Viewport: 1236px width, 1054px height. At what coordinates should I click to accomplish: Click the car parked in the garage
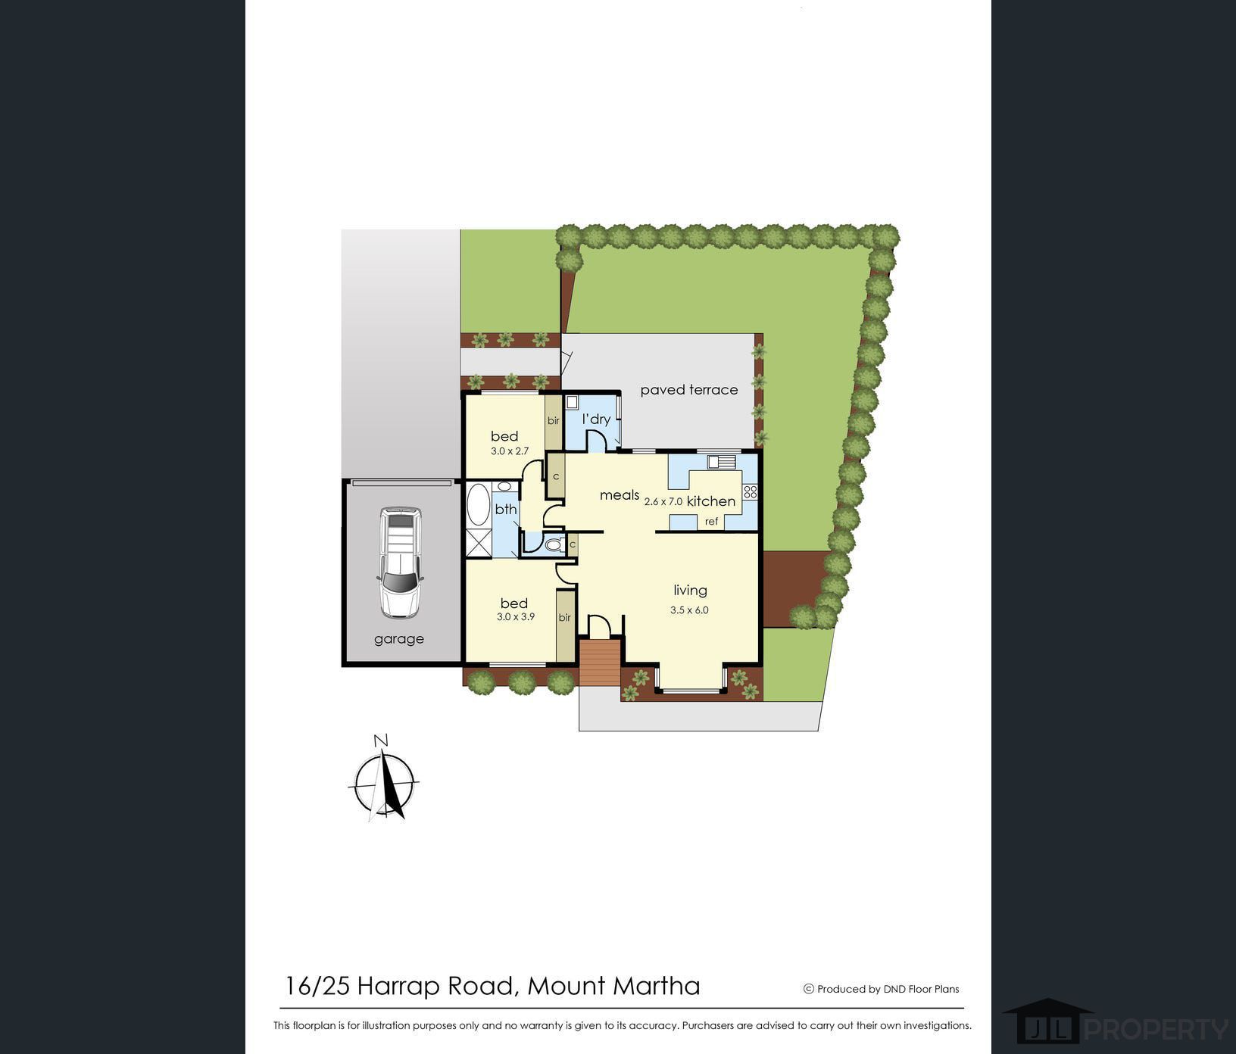click(399, 563)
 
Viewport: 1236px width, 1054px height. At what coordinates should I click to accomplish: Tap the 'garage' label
click(399, 639)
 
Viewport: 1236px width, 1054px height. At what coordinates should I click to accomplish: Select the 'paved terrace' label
click(689, 390)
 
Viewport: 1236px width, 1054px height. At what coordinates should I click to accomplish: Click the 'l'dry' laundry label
click(596, 419)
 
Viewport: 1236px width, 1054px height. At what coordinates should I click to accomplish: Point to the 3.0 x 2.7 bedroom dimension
click(510, 451)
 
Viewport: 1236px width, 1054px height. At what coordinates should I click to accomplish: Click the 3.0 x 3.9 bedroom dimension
click(516, 616)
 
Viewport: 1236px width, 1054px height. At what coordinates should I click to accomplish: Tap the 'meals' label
click(620, 495)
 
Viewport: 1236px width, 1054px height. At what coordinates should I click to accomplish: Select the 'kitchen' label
click(711, 501)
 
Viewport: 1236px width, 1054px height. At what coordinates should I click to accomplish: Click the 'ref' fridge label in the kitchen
click(712, 522)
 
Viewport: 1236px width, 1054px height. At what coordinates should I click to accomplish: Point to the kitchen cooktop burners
click(750, 492)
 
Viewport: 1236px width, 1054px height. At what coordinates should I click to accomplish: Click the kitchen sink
click(721, 461)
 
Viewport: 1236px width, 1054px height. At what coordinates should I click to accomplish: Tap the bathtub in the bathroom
click(479, 505)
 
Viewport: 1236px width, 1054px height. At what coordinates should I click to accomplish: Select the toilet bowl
click(554, 544)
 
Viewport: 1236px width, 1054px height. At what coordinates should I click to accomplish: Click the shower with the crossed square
click(479, 543)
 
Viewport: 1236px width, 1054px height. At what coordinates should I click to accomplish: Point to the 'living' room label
click(691, 591)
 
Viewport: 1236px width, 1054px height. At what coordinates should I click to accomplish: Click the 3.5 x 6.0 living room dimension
click(689, 610)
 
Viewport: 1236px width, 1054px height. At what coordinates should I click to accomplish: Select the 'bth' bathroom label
click(506, 509)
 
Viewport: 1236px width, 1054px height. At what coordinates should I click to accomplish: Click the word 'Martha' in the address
click(656, 986)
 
